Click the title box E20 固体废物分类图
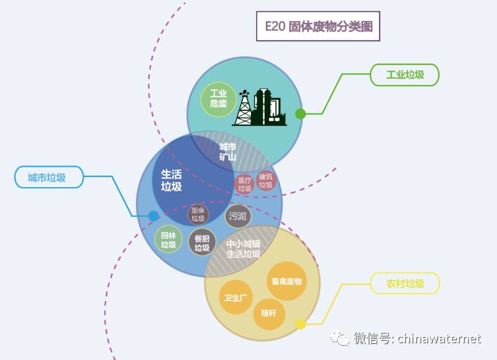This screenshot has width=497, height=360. (318, 26)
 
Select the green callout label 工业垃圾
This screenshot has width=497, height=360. (405, 75)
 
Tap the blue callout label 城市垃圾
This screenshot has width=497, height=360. (49, 177)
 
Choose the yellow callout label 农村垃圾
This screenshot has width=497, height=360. (405, 283)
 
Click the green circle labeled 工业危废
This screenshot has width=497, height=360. (218, 99)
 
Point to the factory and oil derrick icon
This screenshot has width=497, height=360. (260, 107)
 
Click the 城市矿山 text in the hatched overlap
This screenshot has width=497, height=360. (227, 152)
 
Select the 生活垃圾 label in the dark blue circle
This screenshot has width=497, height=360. (171, 180)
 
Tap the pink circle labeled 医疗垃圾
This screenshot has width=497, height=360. (244, 184)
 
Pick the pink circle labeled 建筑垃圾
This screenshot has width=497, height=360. (266, 181)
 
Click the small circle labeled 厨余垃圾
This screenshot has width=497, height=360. (198, 214)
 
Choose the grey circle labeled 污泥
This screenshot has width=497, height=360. (238, 216)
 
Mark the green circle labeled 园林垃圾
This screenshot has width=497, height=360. (169, 239)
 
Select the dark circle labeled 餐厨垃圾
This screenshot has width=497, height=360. (202, 243)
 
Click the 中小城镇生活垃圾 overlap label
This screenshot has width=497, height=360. (244, 248)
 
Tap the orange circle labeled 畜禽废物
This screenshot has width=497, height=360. (286, 281)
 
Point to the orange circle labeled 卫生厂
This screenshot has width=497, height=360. (235, 297)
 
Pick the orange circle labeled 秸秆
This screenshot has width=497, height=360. (269, 314)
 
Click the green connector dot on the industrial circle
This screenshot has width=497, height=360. (301, 114)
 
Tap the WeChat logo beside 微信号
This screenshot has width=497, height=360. (340, 338)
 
